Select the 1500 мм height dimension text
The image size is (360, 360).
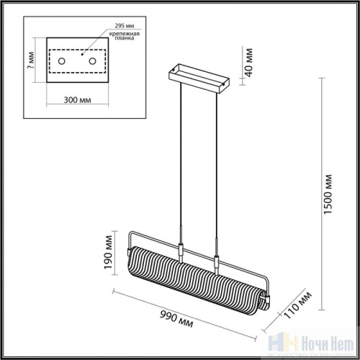click(x=330, y=194)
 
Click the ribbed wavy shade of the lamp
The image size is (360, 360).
click(x=194, y=277)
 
